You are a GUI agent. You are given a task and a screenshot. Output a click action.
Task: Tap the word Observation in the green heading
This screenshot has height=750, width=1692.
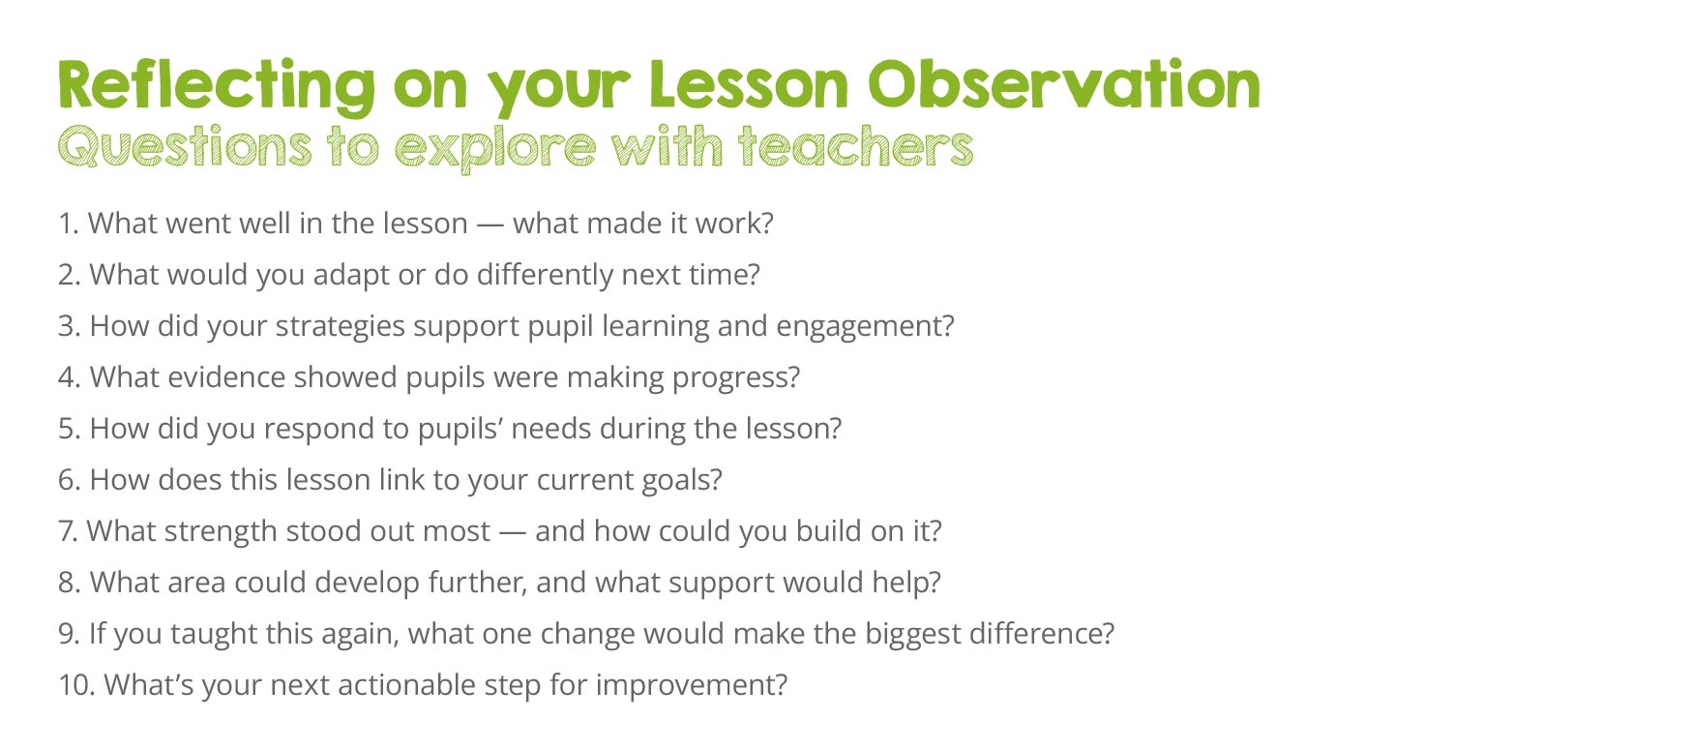pos(1064,84)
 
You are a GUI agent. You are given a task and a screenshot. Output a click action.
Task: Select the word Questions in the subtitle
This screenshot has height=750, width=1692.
pos(185,147)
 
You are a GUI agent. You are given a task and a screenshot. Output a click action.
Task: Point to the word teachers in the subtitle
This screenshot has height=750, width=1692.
pos(855,146)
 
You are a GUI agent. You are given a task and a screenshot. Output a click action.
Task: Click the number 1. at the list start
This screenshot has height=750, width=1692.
pos(68,224)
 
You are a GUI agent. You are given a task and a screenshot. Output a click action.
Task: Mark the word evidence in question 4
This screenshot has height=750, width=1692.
pos(226,377)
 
